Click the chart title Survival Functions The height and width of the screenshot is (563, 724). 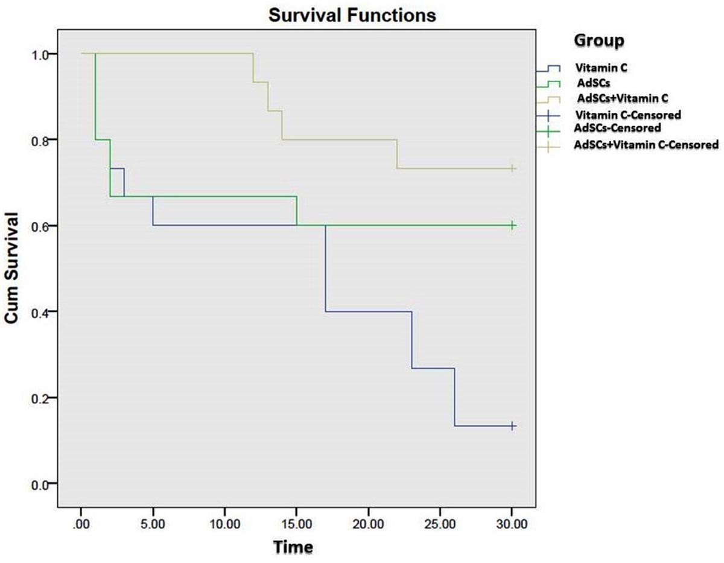(x=352, y=15)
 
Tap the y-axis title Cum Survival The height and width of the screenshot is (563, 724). (x=11, y=268)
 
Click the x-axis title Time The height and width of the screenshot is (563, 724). (x=293, y=547)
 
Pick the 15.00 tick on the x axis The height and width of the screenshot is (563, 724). (x=296, y=524)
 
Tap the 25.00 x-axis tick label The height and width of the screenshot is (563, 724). (x=440, y=524)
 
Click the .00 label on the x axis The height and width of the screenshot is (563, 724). (x=81, y=524)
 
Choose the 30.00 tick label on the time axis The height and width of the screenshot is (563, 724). (x=512, y=524)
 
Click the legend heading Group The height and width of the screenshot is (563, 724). (x=599, y=41)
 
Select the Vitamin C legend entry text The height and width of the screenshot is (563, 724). (x=602, y=68)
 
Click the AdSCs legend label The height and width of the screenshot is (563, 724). (x=594, y=83)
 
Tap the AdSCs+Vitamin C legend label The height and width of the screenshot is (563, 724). (x=623, y=98)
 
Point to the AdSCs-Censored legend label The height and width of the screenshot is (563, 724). (x=617, y=127)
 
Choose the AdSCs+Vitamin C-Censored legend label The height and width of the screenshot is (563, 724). (x=646, y=145)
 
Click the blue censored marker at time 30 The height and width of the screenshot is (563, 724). (x=512, y=426)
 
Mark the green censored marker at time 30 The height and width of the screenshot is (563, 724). (x=512, y=226)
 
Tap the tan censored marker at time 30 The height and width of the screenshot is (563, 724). (x=512, y=168)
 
